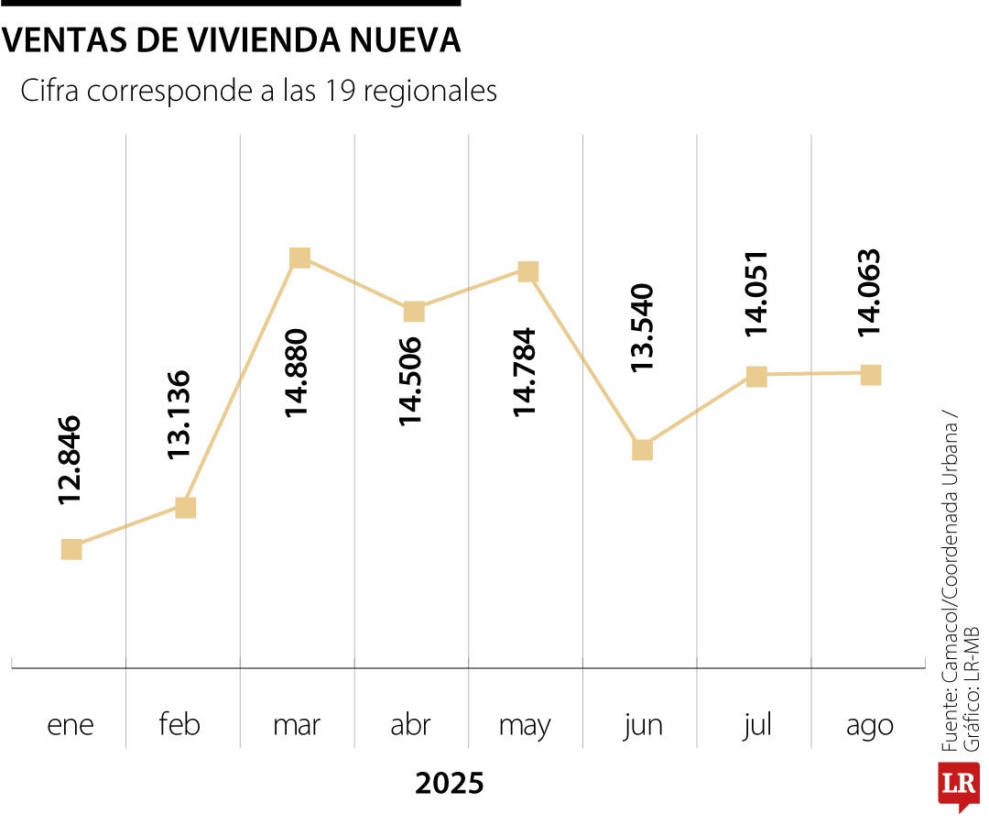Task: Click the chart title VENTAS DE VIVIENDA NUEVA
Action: pyautogui.click(x=232, y=40)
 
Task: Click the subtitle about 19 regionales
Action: pyautogui.click(x=258, y=92)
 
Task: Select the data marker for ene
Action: pyautogui.click(x=71, y=549)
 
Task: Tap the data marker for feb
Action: pyautogui.click(x=186, y=507)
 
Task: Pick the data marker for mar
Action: pyautogui.click(x=299, y=258)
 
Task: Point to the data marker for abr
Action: pyautogui.click(x=414, y=312)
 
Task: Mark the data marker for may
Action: pyautogui.click(x=528, y=271)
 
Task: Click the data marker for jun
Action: pyautogui.click(x=643, y=449)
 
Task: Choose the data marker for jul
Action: pyautogui.click(x=756, y=376)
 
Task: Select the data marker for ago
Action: pyautogui.click(x=871, y=374)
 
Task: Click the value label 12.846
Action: pyautogui.click(x=71, y=460)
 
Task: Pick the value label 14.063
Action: pyautogui.click(x=870, y=292)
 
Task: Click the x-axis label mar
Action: pyautogui.click(x=297, y=725)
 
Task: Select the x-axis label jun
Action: pyautogui.click(x=643, y=725)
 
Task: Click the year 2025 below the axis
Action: pyautogui.click(x=449, y=784)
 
